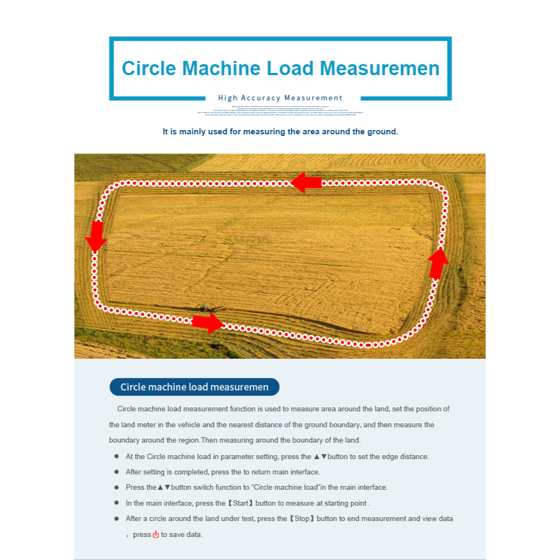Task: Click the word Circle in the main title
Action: click(x=149, y=68)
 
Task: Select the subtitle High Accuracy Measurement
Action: click(x=280, y=98)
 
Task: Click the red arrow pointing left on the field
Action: click(x=306, y=183)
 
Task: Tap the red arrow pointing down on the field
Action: click(x=96, y=235)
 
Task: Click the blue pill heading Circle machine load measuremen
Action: click(x=194, y=387)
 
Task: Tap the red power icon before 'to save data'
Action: click(x=156, y=534)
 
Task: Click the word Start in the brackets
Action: click(x=241, y=503)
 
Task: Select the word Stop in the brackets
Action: click(x=302, y=518)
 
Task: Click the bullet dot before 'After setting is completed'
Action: click(x=116, y=472)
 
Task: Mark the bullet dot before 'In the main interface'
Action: click(x=116, y=502)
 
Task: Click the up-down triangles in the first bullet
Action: click(x=320, y=456)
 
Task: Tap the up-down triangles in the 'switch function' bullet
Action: click(x=163, y=487)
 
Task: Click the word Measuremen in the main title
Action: click(x=380, y=68)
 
